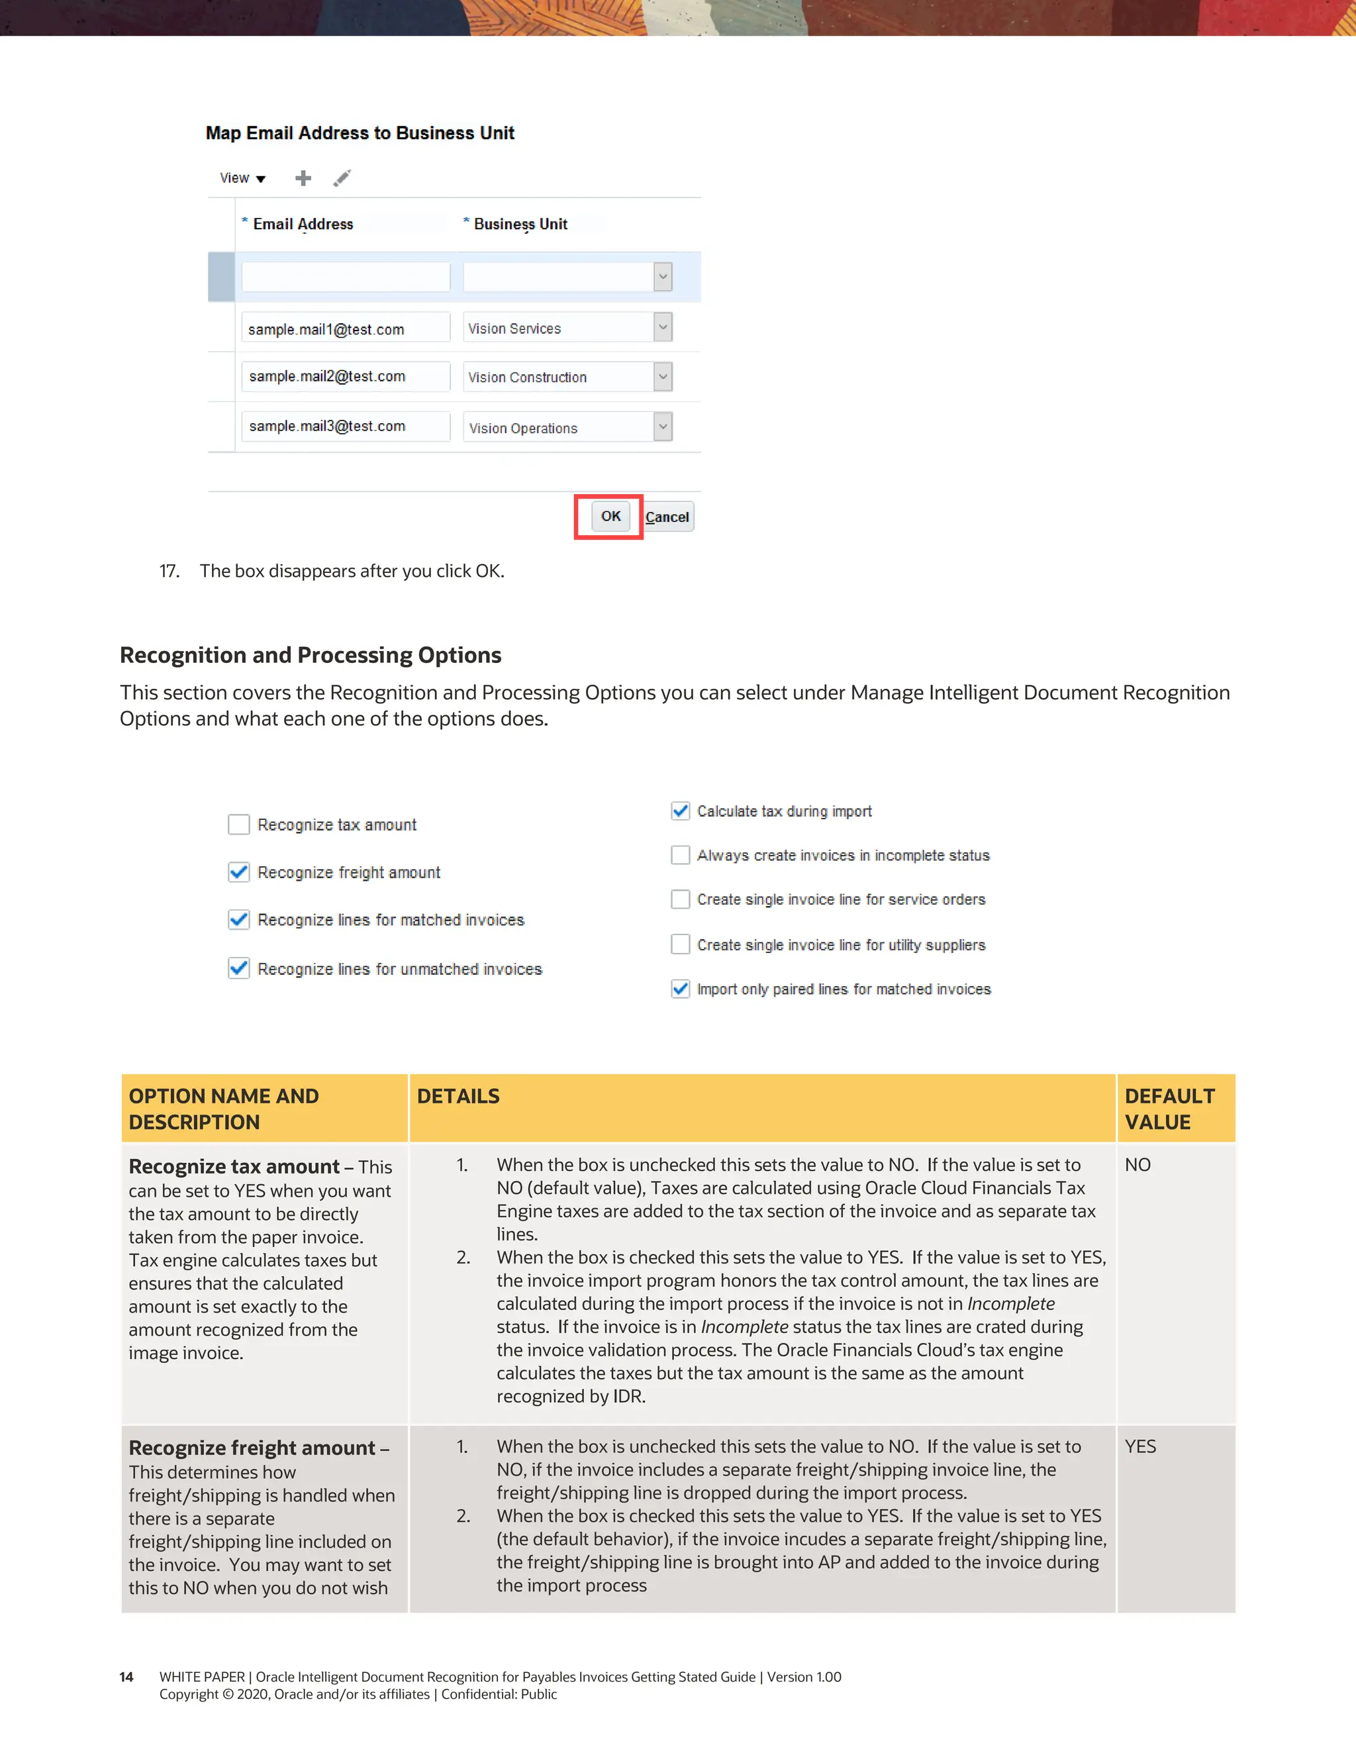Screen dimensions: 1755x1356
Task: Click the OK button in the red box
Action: [x=610, y=516]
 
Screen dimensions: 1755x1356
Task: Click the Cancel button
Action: [x=667, y=517]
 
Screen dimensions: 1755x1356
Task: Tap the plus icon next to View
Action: [x=303, y=177]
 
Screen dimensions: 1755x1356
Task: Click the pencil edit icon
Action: [x=342, y=177]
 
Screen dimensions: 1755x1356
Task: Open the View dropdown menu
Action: [x=242, y=177]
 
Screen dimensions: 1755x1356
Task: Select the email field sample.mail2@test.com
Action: [x=346, y=376]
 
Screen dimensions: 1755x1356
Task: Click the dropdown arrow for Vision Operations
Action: [x=663, y=426]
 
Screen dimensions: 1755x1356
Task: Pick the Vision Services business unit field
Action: [x=558, y=328]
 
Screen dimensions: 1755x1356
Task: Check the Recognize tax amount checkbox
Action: [x=238, y=825]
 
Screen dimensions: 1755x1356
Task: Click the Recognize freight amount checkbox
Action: [x=238, y=872]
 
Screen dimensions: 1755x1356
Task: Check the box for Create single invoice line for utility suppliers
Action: [x=681, y=944]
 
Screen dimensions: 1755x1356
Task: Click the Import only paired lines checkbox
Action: [x=681, y=988]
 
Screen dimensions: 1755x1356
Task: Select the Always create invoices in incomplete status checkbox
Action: [x=681, y=855]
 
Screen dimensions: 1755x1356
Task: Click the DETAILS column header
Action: [x=458, y=1096]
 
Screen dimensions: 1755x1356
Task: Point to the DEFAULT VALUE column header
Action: [x=1170, y=1108]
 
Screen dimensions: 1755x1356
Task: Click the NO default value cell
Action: [x=1138, y=1164]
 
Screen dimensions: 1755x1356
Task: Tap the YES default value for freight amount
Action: [x=1140, y=1446]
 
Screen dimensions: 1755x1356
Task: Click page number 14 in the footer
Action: [x=126, y=1677]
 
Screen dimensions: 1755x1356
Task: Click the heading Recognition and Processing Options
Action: [x=310, y=655]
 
